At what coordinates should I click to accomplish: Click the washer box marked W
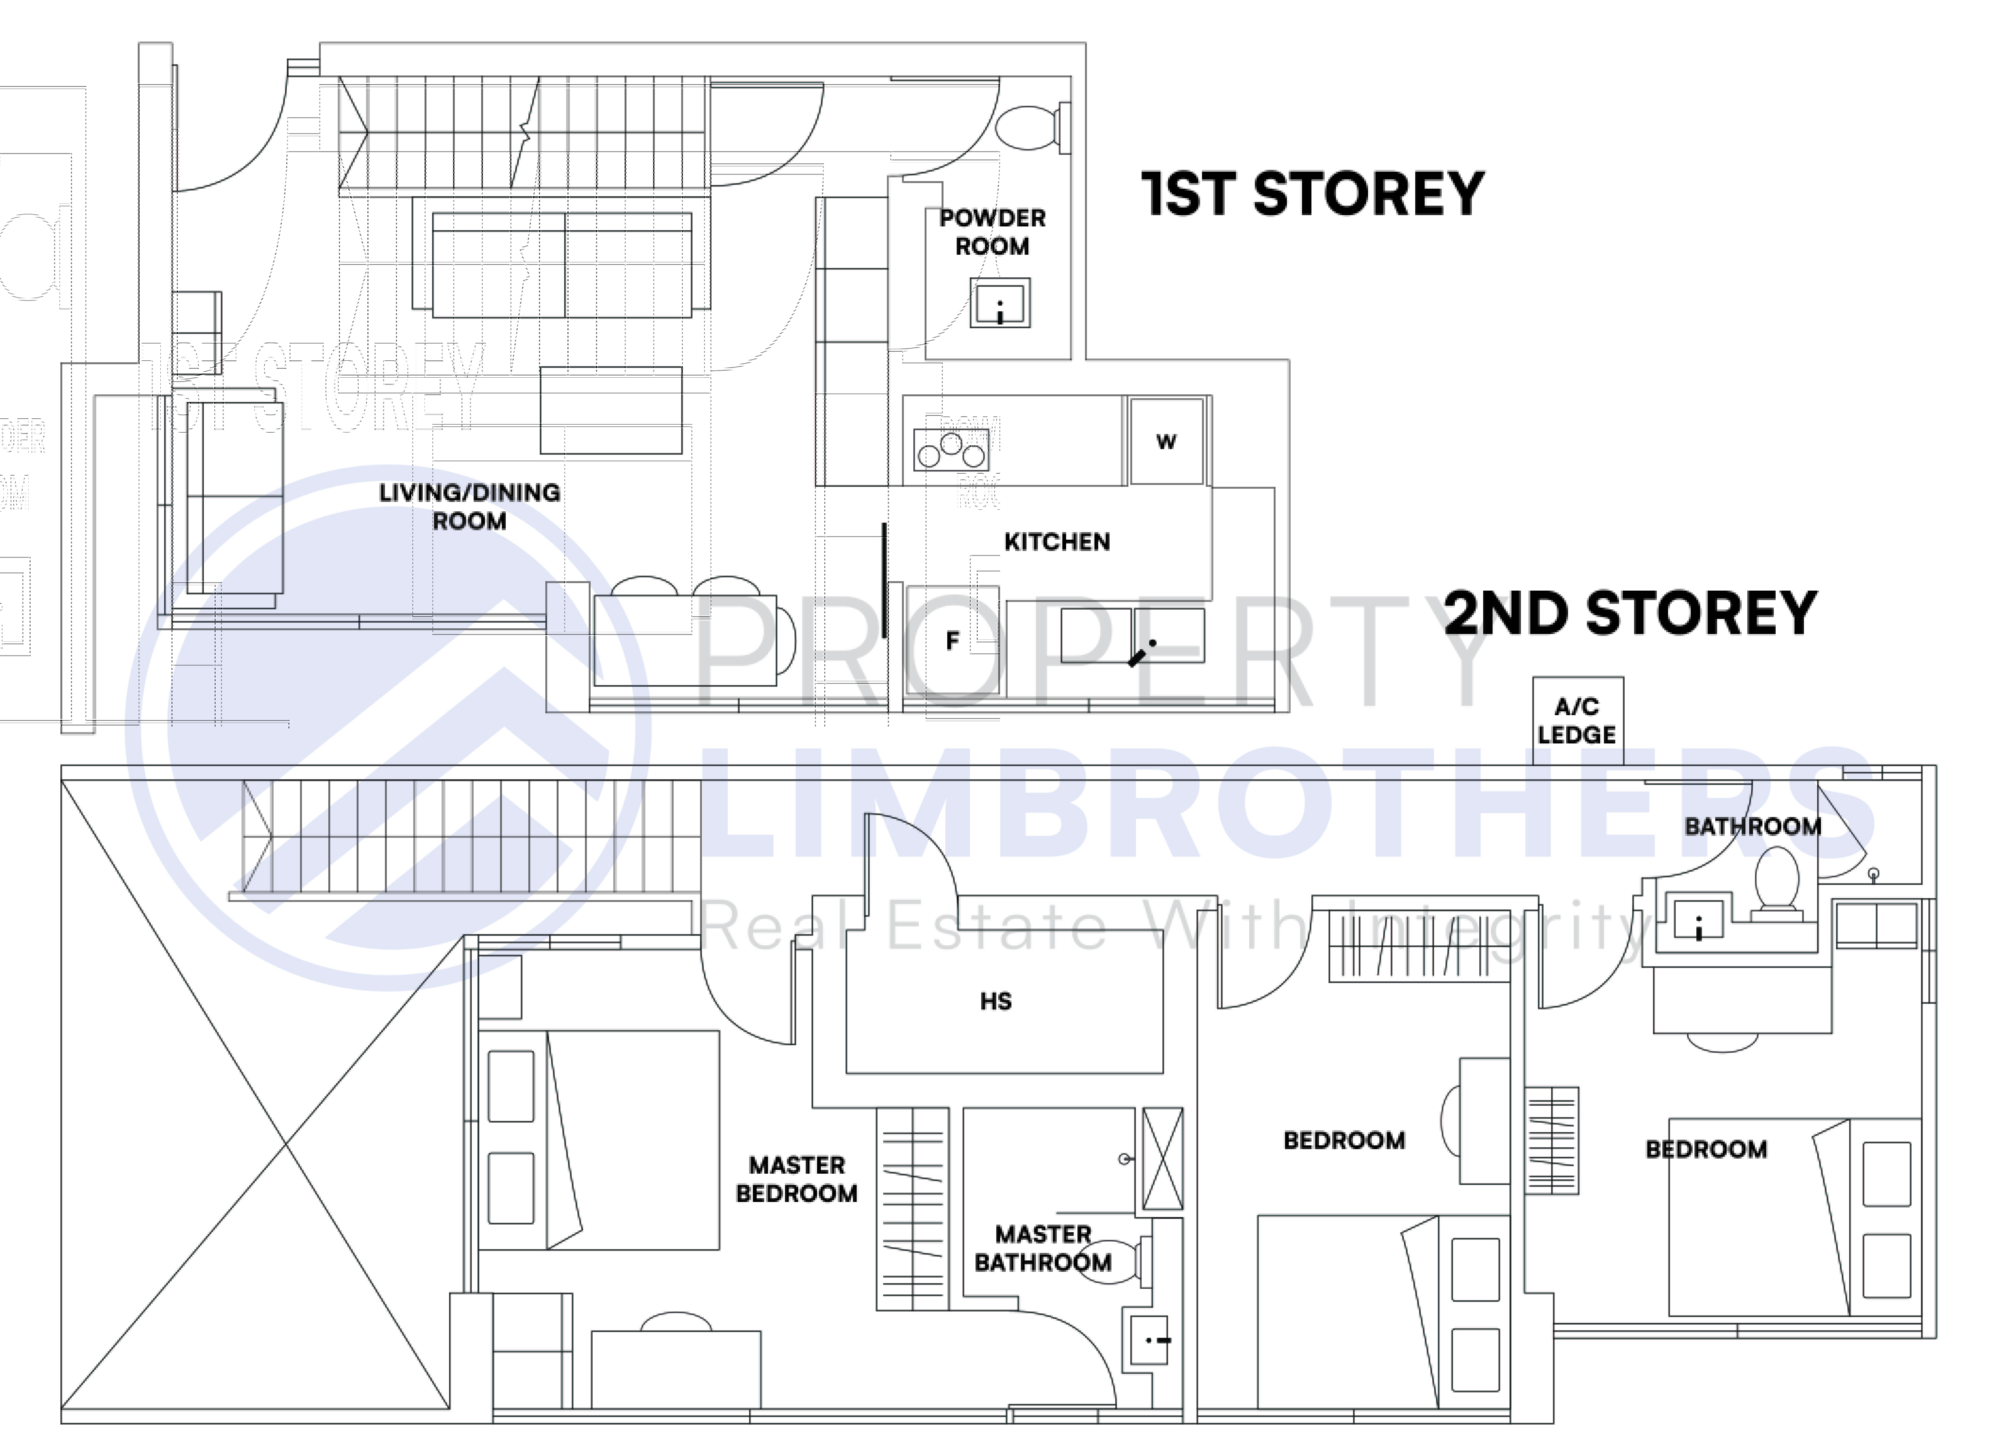[x=1166, y=442]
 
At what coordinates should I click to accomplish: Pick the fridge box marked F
[x=952, y=641]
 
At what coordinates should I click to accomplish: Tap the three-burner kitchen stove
[x=951, y=450]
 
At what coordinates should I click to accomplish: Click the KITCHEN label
[x=1057, y=542]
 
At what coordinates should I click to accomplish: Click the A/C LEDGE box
[x=1577, y=721]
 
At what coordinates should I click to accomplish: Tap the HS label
[x=996, y=1001]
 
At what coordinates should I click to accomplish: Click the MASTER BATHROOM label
[x=1043, y=1249]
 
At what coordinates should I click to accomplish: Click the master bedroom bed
[x=599, y=1140]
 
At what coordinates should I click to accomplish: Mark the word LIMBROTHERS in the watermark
[x=1287, y=804]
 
